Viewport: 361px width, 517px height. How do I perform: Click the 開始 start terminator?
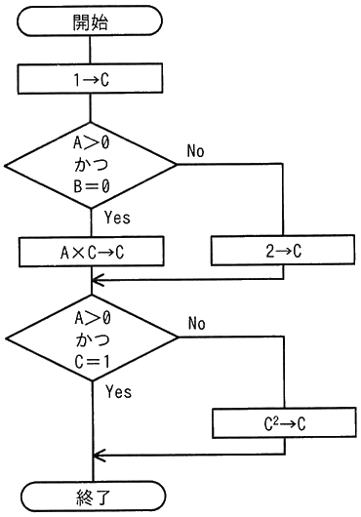pyautogui.click(x=90, y=20)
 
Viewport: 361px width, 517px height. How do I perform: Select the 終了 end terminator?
pyautogui.click(x=94, y=497)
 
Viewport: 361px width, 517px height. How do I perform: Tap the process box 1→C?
pyautogui.click(x=90, y=79)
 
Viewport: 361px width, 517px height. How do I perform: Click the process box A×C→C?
pyautogui.click(x=92, y=252)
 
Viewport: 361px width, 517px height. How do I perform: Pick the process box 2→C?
pyautogui.click(x=283, y=251)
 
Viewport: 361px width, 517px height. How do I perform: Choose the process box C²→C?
pyautogui.click(x=284, y=423)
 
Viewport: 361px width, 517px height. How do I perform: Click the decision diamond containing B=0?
pyautogui.click(x=91, y=165)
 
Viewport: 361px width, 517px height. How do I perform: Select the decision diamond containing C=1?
pyautogui.click(x=92, y=338)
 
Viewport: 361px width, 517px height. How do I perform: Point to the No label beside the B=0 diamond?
pyautogui.click(x=195, y=150)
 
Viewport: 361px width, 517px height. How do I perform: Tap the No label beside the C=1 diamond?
pyautogui.click(x=197, y=324)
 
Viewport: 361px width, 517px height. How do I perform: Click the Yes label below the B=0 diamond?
pyautogui.click(x=117, y=218)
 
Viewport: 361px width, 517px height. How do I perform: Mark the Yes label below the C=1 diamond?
pyautogui.click(x=119, y=392)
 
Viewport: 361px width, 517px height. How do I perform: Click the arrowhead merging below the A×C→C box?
pyautogui.click(x=98, y=280)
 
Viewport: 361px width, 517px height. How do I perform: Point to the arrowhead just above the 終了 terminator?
pyautogui.click(x=99, y=456)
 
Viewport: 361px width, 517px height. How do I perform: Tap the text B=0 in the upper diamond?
pyautogui.click(x=91, y=186)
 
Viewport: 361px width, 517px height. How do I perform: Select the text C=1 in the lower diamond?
pyautogui.click(x=92, y=362)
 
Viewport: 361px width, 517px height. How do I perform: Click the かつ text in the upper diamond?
pyautogui.click(x=91, y=165)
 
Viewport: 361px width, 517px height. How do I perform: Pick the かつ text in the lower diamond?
pyautogui.click(x=92, y=339)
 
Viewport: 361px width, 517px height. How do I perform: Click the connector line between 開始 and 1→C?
pyautogui.click(x=90, y=50)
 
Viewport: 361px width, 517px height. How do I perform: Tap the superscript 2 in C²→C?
pyautogui.click(x=277, y=419)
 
